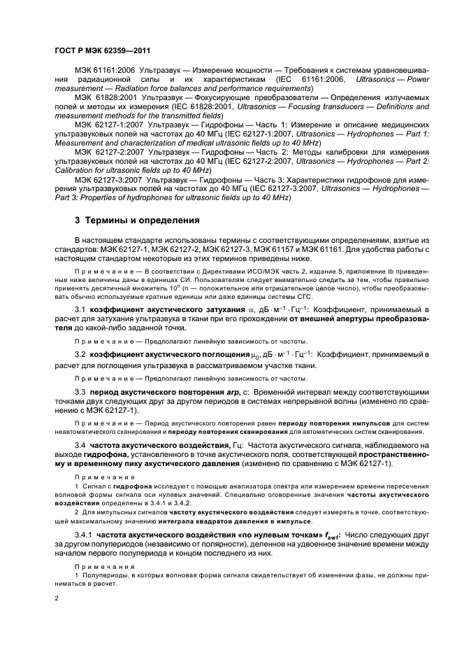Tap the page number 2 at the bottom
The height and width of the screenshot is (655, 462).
(56, 599)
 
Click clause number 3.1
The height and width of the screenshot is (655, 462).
(80, 309)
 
